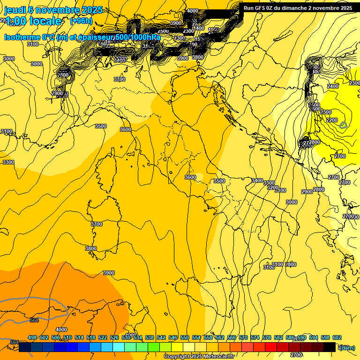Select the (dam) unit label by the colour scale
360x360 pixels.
pos(346,347)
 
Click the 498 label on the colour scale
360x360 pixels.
pos(32,337)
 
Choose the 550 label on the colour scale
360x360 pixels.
pos(185,337)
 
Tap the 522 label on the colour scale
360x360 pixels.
pos(103,337)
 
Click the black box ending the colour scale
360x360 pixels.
pos(330,347)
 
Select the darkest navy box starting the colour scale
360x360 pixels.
pos(25,347)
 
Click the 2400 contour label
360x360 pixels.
pos(333,86)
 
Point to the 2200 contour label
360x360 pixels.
pos(331,120)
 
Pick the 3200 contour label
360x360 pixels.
pos(273,187)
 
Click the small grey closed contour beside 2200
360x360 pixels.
pos(343,125)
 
